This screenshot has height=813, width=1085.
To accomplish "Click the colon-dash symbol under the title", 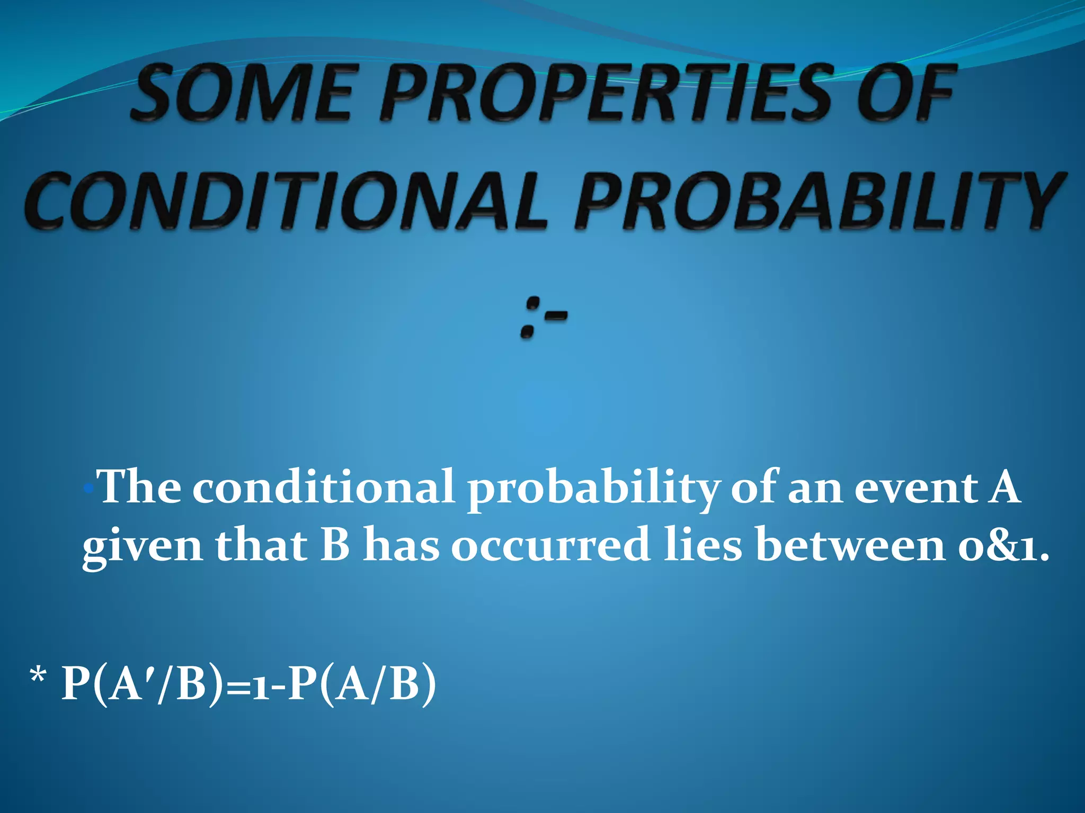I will click(x=544, y=318).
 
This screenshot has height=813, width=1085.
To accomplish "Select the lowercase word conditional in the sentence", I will click(x=323, y=487).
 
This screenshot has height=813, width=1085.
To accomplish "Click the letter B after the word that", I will click(x=335, y=545).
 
